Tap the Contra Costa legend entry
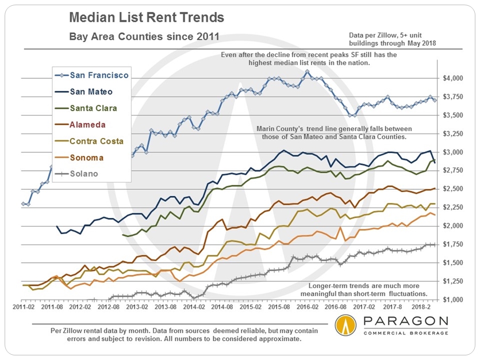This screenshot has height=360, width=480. tap(94, 140)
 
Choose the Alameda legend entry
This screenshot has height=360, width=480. tap(87, 124)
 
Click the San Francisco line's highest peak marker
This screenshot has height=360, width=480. tap(308, 72)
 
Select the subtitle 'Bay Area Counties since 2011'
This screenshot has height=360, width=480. tap(144, 37)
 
